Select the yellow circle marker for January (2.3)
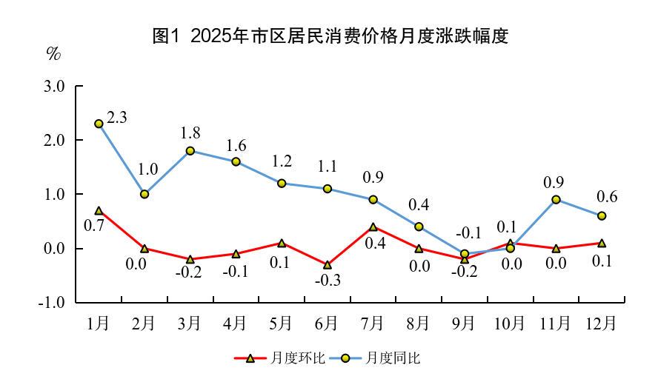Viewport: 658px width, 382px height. tap(99, 124)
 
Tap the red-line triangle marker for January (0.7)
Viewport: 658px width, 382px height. tap(99, 211)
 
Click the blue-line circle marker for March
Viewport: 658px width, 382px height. tap(190, 151)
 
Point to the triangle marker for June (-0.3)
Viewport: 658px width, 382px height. tap(328, 265)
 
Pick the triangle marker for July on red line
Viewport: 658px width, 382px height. tap(373, 227)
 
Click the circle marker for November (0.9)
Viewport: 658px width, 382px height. tap(556, 200)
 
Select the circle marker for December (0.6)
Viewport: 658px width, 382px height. tap(602, 216)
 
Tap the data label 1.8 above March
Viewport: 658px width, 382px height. tap(190, 133)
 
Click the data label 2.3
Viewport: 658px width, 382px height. tap(117, 117)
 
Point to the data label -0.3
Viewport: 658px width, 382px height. tap(327, 281)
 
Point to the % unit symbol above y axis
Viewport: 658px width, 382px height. tap(53, 54)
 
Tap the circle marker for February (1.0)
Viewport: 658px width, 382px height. tap(144, 194)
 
